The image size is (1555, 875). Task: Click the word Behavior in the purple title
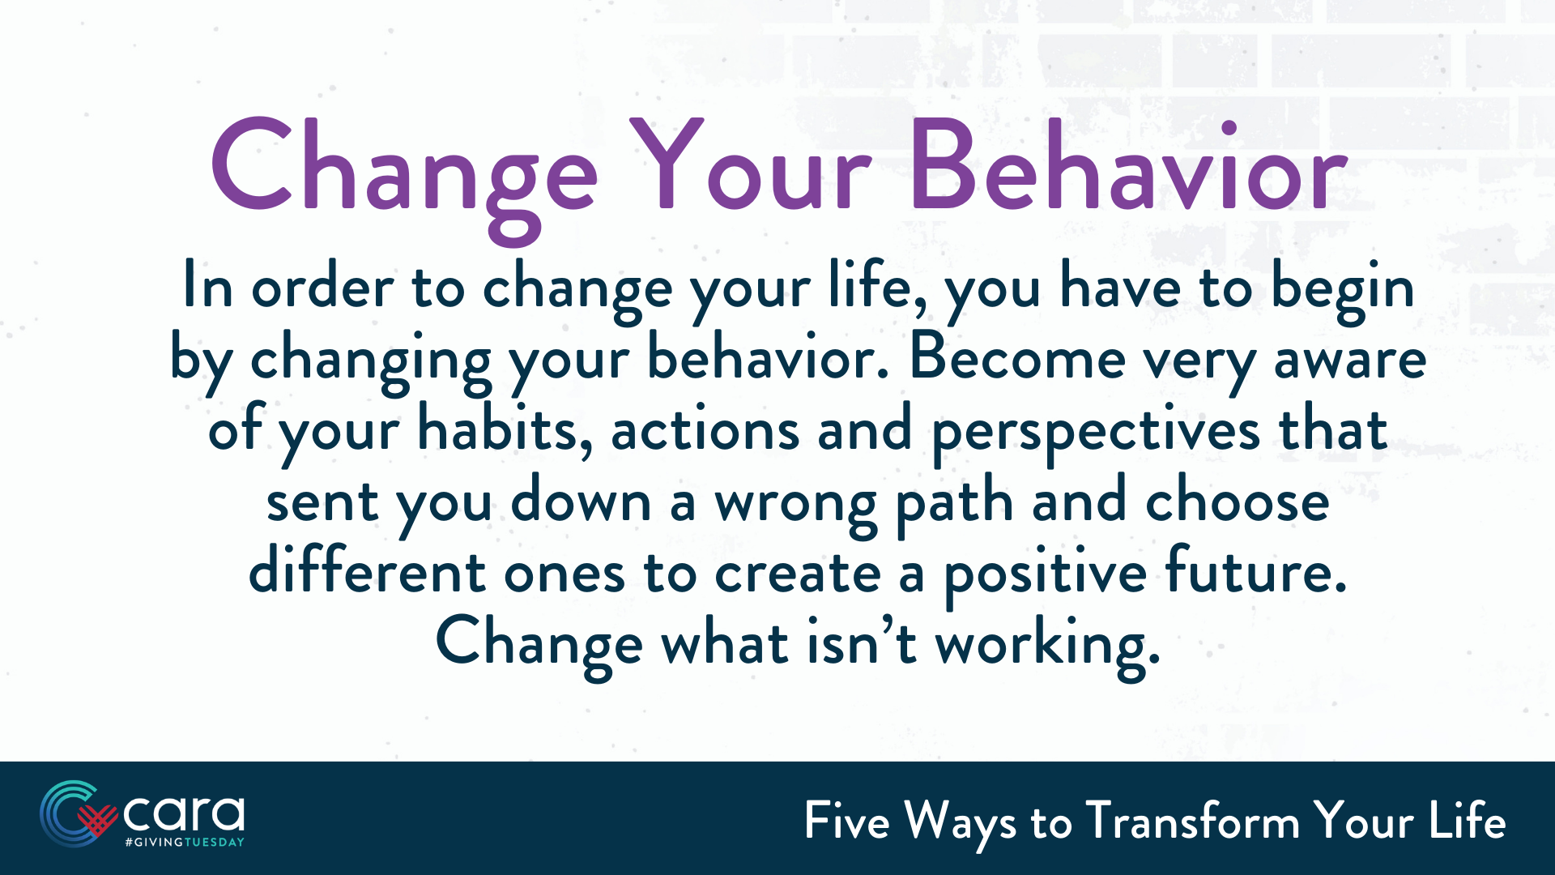(1128, 166)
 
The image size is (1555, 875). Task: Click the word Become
(1016, 358)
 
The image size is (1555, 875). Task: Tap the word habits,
(505, 429)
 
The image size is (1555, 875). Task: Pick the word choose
(1237, 501)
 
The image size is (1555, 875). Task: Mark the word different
(367, 571)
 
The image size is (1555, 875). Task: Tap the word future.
(1255, 571)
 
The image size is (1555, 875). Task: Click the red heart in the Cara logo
(98, 820)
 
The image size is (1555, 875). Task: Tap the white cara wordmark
(184, 813)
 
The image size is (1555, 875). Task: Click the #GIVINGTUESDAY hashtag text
(184, 843)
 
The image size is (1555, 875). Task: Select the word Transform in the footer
(1192, 822)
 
